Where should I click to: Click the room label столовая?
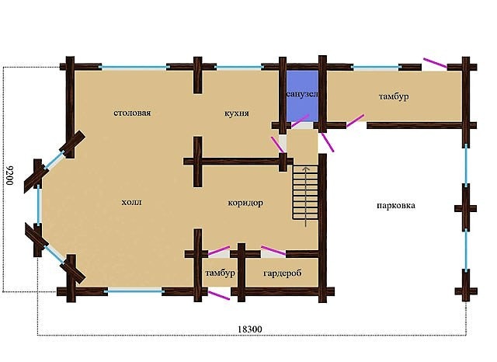coord(132,113)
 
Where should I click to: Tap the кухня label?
coord(236,113)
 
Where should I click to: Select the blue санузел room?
coord(302,96)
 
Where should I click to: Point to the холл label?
coord(131,202)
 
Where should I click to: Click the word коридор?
coord(245,203)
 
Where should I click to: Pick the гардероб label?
coord(283,273)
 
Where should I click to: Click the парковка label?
coord(396,205)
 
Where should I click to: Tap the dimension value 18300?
coord(250,329)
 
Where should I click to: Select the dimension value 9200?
coord(9,175)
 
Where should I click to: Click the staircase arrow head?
coord(305,169)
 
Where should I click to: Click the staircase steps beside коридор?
coord(305,192)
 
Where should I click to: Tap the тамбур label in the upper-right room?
coord(394,96)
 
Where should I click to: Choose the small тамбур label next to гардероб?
coord(220,273)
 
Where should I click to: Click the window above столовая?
coord(134,68)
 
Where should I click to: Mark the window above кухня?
coord(238,68)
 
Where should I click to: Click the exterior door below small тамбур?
coord(219,295)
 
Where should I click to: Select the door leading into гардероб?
coord(273,250)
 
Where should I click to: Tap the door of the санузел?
coord(300,121)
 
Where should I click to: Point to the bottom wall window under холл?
coord(134,291)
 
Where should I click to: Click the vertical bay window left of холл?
coord(39,205)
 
